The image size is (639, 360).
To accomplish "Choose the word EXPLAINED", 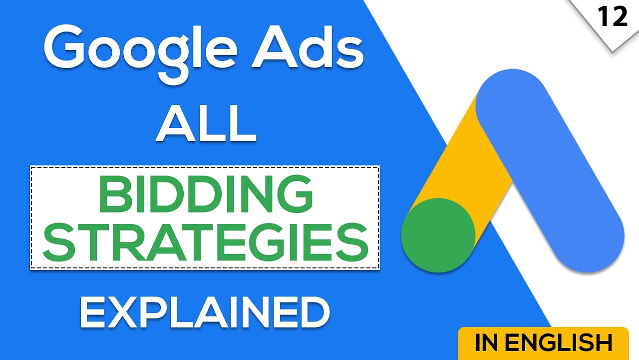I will click(x=205, y=312).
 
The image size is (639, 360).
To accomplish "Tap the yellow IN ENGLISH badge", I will click(x=543, y=343).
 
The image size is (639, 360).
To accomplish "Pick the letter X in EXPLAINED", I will click(x=131, y=312).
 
